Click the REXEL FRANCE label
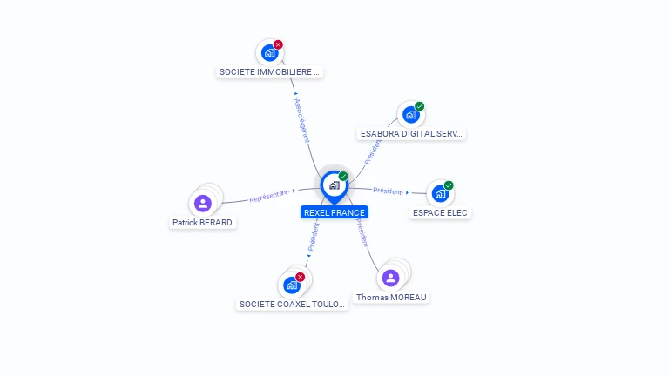334,212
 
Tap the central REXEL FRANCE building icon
334,185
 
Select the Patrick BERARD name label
202,222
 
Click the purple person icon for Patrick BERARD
203,204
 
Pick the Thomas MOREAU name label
391,297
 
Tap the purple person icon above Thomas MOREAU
390,278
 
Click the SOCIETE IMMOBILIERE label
270,72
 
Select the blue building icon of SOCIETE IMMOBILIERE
269,53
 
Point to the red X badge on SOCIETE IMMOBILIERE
278,44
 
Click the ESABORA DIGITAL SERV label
412,134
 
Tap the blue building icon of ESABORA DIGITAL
410,115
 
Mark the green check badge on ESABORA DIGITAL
419,106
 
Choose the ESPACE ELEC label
440,212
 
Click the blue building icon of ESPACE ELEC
440,194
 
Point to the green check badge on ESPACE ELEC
449,185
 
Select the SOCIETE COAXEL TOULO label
292,305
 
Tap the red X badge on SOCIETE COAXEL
300,277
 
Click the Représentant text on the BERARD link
268,197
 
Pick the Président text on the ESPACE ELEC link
388,191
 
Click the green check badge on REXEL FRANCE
343,177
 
